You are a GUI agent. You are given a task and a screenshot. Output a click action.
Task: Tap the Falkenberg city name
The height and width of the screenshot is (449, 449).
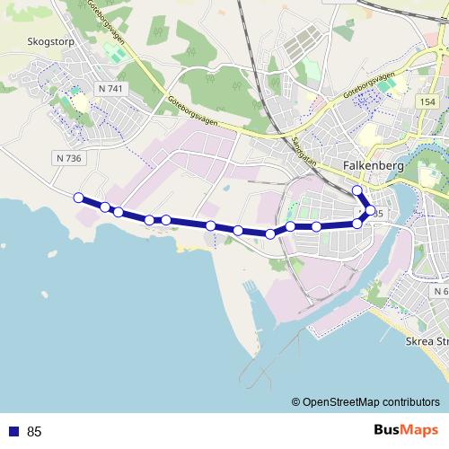tap(375, 166)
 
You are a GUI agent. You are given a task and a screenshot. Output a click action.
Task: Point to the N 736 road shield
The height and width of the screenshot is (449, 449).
tap(67, 157)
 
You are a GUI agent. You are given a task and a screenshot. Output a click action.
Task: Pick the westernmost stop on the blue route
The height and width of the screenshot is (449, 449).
tap(78, 198)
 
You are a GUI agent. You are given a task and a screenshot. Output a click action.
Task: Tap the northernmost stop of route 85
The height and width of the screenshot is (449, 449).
tap(357, 190)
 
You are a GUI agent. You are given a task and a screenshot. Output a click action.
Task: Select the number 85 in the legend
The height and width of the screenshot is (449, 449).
tap(35, 431)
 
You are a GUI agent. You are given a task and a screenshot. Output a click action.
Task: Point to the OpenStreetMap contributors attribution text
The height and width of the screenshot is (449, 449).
tap(371, 401)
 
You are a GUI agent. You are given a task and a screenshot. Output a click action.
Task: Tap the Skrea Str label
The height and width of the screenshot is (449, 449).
tap(427, 342)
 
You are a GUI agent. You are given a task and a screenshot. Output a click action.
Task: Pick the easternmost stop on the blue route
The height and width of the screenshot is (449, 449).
tap(370, 211)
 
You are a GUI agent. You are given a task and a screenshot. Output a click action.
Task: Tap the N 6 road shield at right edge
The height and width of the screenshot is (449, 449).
tap(439, 292)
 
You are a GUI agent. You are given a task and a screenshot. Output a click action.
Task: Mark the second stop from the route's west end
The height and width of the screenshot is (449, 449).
tap(105, 207)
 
